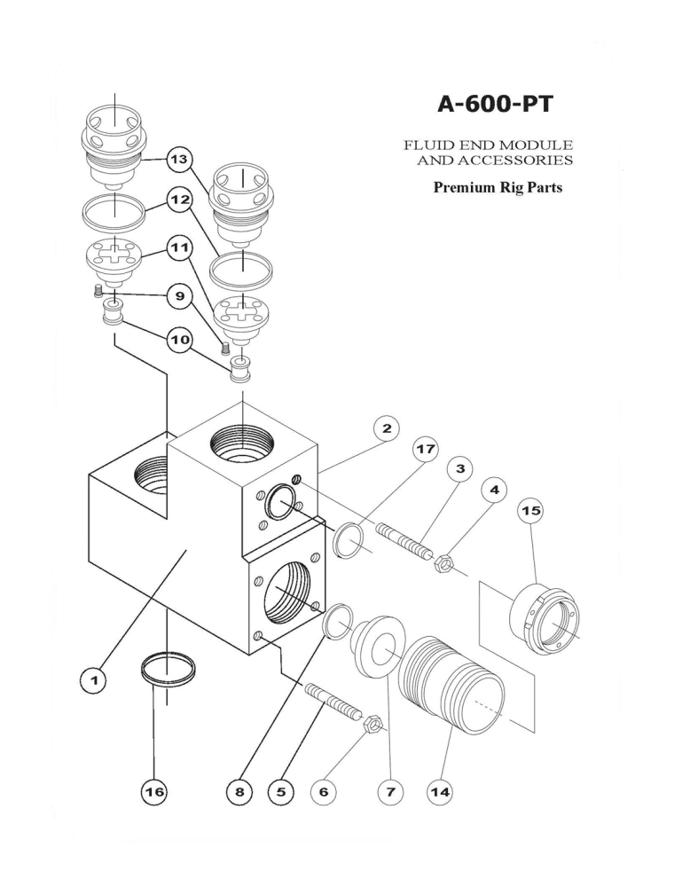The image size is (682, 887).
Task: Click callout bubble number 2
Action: [x=386, y=428]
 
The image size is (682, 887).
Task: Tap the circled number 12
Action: [x=180, y=200]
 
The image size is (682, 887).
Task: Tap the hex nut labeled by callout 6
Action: [x=373, y=725]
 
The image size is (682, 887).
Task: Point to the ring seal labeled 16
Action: [x=169, y=670]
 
